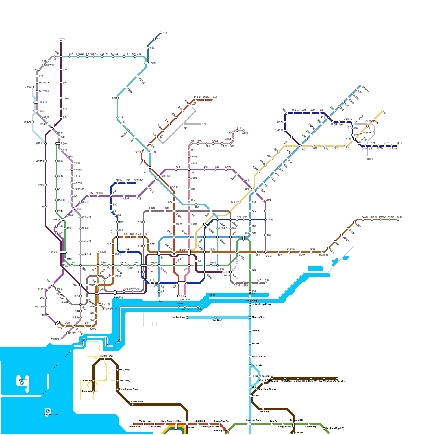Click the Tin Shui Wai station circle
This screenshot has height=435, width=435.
tap(104, 359)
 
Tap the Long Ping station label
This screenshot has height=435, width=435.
tap(124, 369)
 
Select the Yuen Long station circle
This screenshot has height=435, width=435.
tap(117, 381)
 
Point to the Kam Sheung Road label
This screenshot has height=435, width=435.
tap(129, 389)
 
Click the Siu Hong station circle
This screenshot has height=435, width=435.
tap(94, 381)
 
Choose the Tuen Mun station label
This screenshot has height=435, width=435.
tap(86, 391)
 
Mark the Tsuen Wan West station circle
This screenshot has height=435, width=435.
tap(133, 405)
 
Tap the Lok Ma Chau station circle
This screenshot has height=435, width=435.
tap(187, 318)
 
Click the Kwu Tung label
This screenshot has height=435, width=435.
tap(217, 320)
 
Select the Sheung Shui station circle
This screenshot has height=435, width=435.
tap(250, 318)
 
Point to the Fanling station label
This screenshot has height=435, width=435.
tap(256, 330)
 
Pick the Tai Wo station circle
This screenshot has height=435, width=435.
tap(250, 344)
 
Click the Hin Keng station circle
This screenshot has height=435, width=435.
tap(263, 409)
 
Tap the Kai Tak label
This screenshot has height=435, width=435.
tap(299, 433)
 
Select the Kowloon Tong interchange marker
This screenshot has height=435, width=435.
tap(249, 424)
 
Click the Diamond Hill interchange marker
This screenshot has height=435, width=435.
tap(294, 425)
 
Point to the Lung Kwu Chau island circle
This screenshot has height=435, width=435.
tap(48, 411)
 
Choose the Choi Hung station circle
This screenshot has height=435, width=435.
tap(309, 424)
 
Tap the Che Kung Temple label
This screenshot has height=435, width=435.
tap(268, 389)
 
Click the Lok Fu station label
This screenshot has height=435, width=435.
tap(274, 421)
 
